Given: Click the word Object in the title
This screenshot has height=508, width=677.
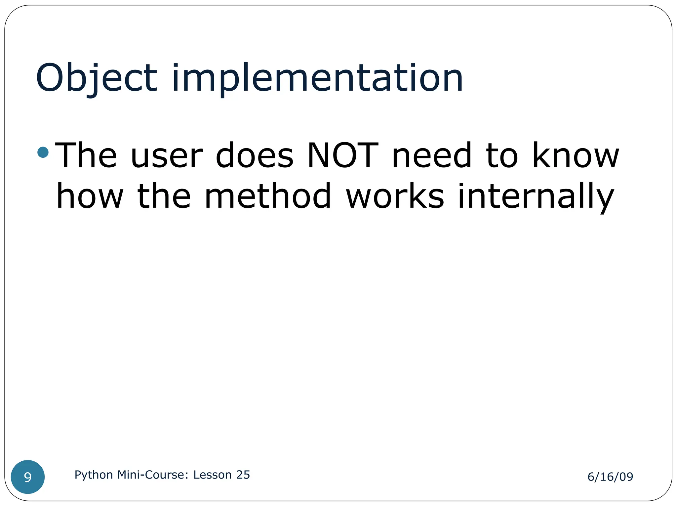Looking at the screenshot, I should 96,79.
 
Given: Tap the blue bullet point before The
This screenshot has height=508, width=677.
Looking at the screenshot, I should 43,152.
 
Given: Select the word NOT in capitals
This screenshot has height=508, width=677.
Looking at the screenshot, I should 342,155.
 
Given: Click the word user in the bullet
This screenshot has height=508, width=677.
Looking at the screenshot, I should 167,155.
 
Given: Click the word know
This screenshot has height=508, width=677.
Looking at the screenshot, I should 576,155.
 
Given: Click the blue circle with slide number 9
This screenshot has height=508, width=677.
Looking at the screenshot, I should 28,477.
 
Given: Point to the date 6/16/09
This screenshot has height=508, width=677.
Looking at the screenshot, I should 610,477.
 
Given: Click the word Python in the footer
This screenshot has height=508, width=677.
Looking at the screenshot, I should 94,475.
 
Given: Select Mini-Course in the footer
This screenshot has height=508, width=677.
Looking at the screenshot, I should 153,475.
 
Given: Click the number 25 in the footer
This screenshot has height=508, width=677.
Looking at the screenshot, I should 243,475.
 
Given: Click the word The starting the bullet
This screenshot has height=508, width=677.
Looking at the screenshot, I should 86,155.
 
